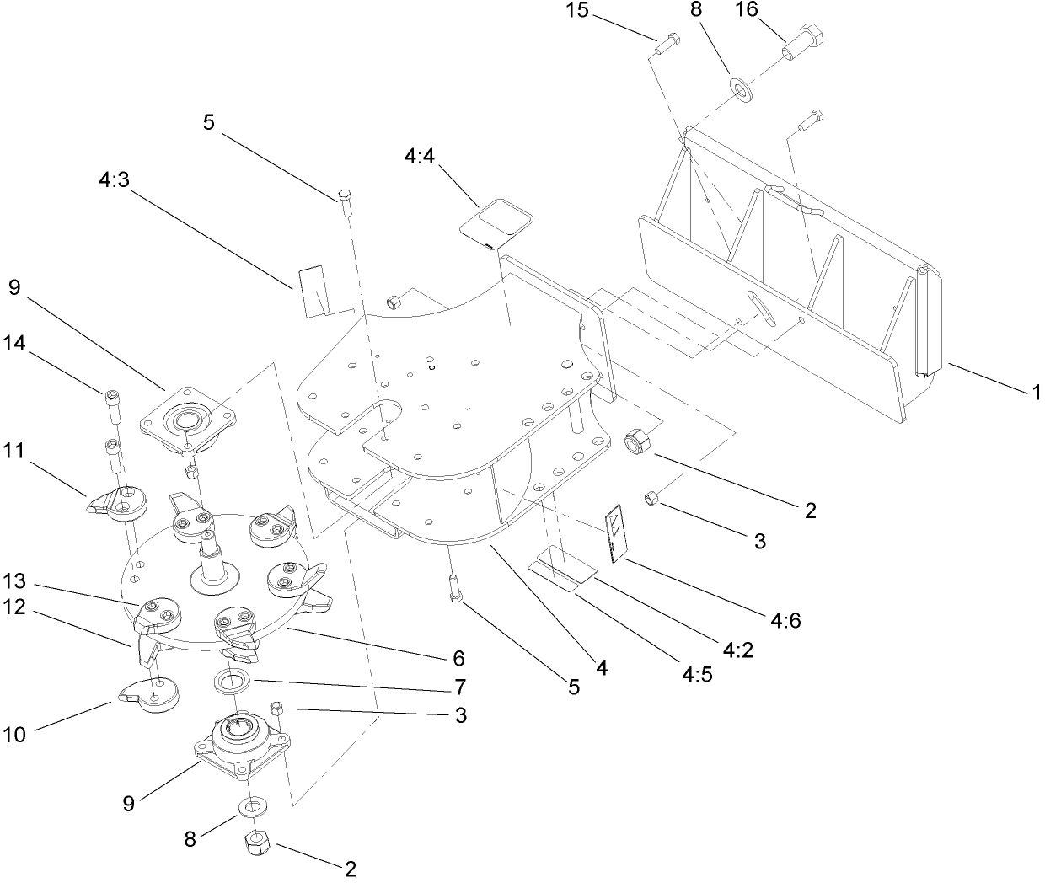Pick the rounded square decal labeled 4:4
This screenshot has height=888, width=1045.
point(497,221)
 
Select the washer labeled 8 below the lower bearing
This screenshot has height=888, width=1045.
point(249,808)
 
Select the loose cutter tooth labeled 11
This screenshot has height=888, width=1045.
point(117,502)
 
